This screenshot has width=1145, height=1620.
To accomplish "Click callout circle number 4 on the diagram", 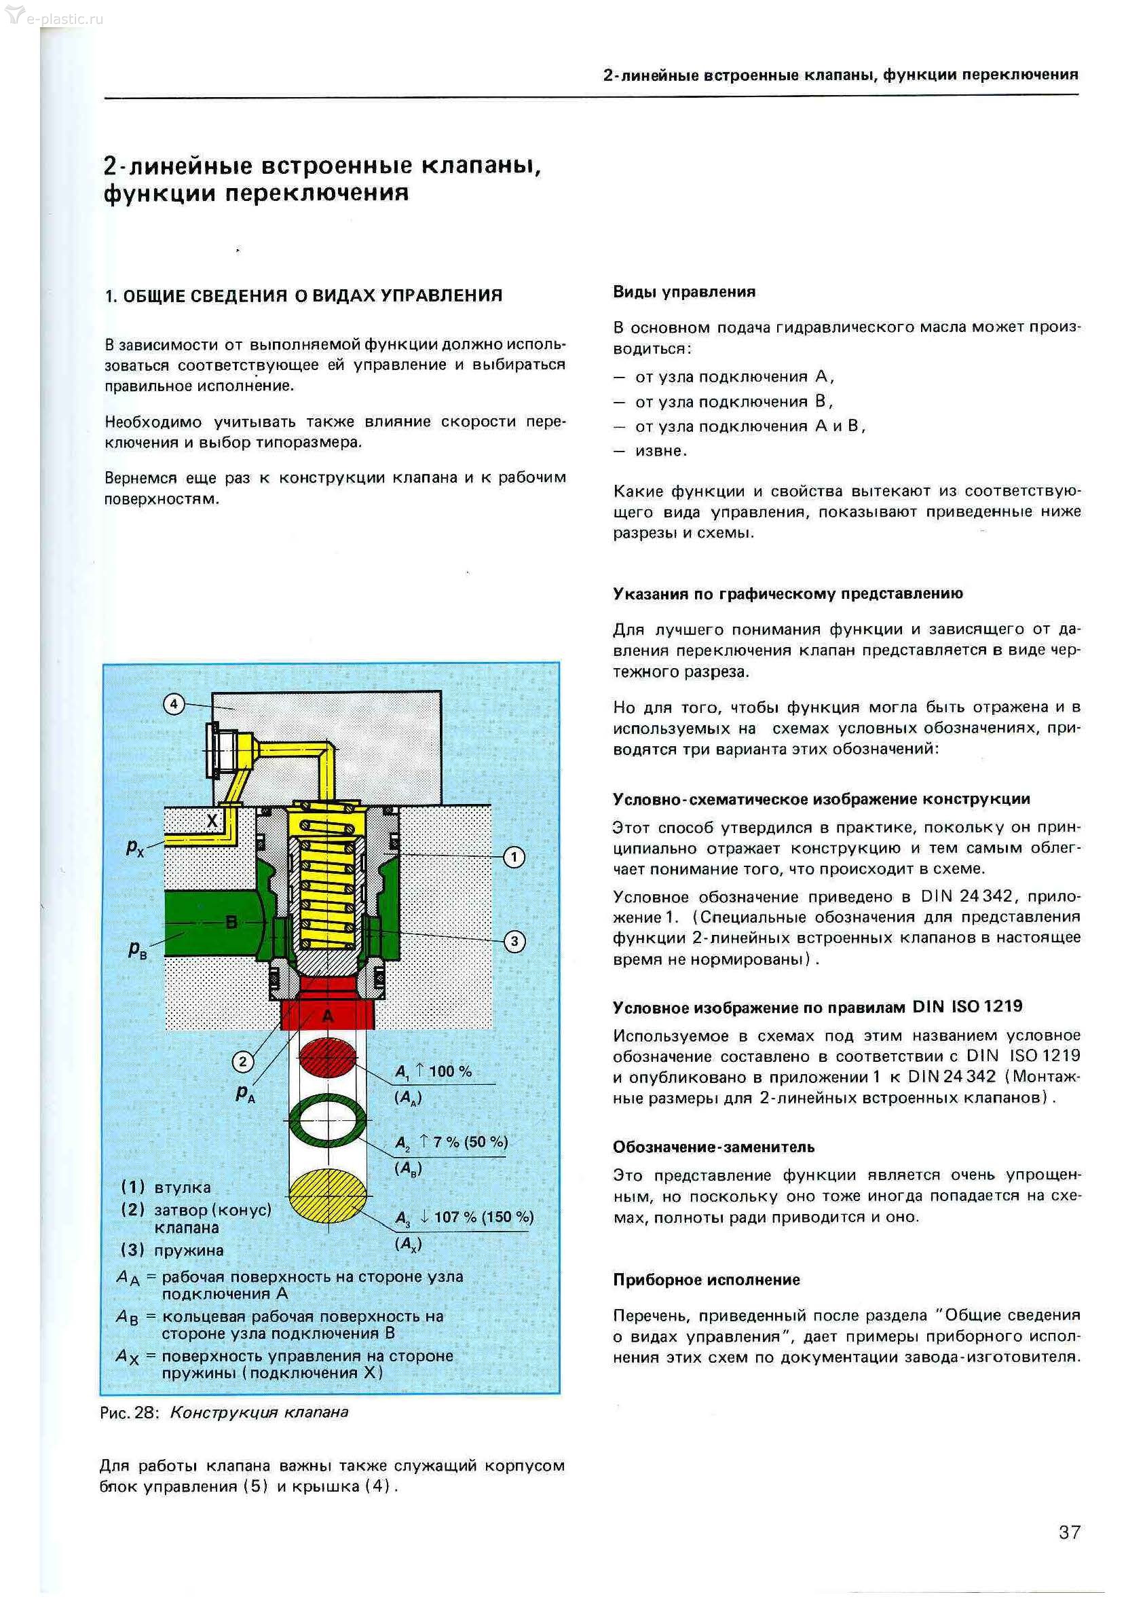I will pyautogui.click(x=174, y=704).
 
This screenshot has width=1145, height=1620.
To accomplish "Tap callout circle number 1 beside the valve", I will pyautogui.click(x=514, y=858).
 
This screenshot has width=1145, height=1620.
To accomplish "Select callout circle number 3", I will pyautogui.click(x=514, y=941).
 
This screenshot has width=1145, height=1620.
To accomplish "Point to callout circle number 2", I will pyautogui.click(x=243, y=1062).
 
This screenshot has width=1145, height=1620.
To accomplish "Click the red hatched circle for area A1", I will pyautogui.click(x=327, y=1057).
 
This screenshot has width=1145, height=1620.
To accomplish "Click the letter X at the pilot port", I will pyautogui.click(x=212, y=821).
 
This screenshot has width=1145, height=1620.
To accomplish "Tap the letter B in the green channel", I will pyautogui.click(x=231, y=921).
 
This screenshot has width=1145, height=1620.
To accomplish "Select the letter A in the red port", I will pyautogui.click(x=327, y=1016).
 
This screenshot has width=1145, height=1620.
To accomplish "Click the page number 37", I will pyautogui.click(x=1069, y=1532).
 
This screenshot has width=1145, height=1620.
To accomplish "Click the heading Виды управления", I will pyautogui.click(x=683, y=292).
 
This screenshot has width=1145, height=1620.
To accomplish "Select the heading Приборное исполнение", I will pyautogui.click(x=706, y=1280).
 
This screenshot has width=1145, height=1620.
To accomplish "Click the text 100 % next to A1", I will pyautogui.click(x=450, y=1071).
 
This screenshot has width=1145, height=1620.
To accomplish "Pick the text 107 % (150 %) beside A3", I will pyautogui.click(x=483, y=1217).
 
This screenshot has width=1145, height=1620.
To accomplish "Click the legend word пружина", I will pyautogui.click(x=189, y=1250).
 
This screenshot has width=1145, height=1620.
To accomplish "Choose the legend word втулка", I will pyautogui.click(x=182, y=1188).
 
